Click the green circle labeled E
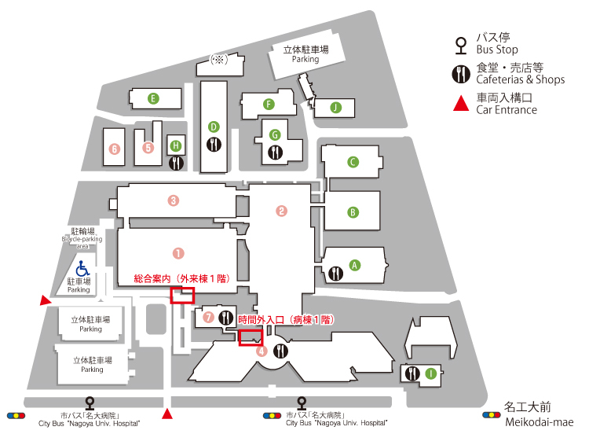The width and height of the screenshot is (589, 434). pos(154,98)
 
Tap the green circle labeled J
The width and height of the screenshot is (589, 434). pos(336,107)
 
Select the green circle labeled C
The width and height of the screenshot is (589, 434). pos(353,162)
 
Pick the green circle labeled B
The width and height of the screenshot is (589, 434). pos(353,212)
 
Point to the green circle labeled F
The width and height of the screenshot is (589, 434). pos(269,104)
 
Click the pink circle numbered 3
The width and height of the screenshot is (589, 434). pos(174,200)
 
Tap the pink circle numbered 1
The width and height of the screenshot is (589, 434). pos(178,253)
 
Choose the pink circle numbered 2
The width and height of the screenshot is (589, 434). pos(281,210)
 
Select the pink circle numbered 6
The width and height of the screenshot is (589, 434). pos(115,148)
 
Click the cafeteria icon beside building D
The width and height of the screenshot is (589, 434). pos(214,145)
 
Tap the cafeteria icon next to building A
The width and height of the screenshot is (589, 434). pos(336,274)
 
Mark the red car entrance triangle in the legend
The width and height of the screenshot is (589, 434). pos(460,103)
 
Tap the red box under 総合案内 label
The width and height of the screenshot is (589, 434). pos(182,295)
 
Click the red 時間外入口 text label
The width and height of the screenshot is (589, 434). pos(286,321)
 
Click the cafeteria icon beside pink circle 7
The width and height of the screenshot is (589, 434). pos(226,318)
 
